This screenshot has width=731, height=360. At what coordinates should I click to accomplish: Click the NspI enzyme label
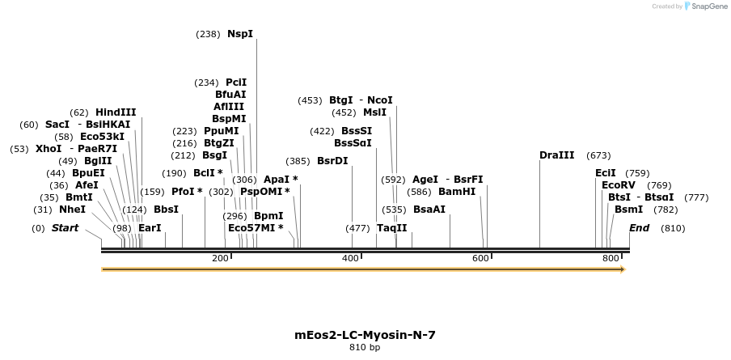pyautogui.click(x=240, y=34)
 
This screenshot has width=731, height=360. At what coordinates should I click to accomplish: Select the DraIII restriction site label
pyautogui.click(x=557, y=155)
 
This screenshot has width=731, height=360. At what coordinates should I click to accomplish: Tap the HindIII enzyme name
pyautogui.click(x=116, y=112)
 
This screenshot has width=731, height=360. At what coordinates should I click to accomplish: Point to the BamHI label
pyautogui.click(x=457, y=192)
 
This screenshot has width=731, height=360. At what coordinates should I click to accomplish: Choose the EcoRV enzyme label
pyautogui.click(x=619, y=185)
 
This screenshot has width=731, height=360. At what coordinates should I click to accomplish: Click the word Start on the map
pyautogui.click(x=65, y=228)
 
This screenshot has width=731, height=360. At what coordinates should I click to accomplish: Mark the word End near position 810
pyautogui.click(x=639, y=228)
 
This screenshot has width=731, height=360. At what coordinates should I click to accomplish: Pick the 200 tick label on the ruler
pyautogui.click(x=220, y=258)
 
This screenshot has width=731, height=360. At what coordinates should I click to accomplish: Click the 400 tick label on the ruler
pyautogui.click(x=350, y=258)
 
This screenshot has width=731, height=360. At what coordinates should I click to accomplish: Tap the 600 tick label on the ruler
pyautogui.click(x=480, y=258)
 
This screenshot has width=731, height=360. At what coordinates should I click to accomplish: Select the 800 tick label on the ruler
pyautogui.click(x=611, y=258)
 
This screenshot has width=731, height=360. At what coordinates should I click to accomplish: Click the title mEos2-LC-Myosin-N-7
pyautogui.click(x=365, y=335)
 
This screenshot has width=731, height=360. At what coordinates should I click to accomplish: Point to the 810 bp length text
pyautogui.click(x=365, y=348)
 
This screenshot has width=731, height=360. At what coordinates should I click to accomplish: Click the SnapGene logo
pyautogui.click(x=706, y=6)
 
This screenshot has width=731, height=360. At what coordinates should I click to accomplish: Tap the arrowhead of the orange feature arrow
pyautogui.click(x=623, y=269)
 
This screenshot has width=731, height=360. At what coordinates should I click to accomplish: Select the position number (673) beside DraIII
pyautogui.click(x=598, y=155)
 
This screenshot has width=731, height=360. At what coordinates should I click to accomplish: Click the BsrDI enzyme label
pyautogui.click(x=332, y=161)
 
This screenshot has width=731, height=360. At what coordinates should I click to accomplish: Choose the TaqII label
pyautogui.click(x=392, y=228)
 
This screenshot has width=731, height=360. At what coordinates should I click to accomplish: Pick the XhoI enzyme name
pyautogui.click(x=49, y=149)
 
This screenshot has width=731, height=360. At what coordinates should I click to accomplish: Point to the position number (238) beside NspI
pyautogui.click(x=208, y=34)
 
